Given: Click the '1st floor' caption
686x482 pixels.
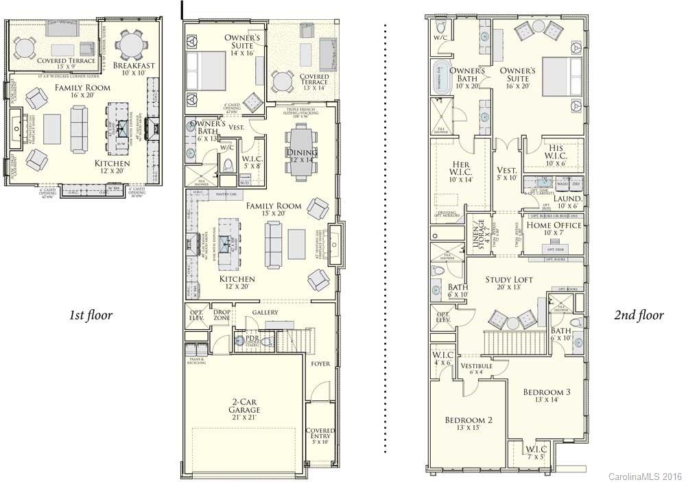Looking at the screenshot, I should tap(90, 315).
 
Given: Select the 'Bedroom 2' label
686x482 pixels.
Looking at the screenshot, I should tap(468, 424).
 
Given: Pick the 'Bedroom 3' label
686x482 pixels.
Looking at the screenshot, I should tap(546, 396).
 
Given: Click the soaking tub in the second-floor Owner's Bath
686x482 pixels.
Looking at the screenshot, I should tap(440, 77).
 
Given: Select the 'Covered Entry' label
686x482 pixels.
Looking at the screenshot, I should tap(320, 435).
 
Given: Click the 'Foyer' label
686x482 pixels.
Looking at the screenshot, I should tap(320, 363).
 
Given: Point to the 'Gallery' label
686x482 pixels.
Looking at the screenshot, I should tap(265, 313).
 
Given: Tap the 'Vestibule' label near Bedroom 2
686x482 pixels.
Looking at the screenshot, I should tap(476, 369).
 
